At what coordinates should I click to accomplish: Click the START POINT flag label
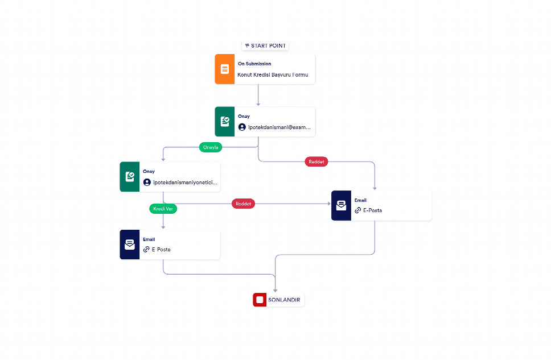click(265, 45)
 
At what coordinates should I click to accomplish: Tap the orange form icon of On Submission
click(224, 69)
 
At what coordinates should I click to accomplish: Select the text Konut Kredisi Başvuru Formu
click(273, 75)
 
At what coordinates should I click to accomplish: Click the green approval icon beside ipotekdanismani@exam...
click(224, 122)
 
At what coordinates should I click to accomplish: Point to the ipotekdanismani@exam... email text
click(279, 127)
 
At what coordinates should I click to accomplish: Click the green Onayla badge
click(211, 147)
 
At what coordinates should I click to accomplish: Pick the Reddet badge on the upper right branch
click(316, 162)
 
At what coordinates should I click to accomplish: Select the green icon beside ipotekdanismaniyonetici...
click(130, 177)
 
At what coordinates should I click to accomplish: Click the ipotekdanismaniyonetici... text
click(185, 183)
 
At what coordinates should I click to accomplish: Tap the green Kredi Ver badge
click(163, 209)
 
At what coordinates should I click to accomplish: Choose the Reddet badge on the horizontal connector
click(243, 204)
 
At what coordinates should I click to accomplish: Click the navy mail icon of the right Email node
click(341, 205)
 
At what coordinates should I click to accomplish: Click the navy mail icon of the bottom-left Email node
click(130, 245)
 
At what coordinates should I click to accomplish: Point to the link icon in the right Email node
click(357, 210)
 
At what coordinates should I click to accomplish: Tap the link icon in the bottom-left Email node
click(146, 249)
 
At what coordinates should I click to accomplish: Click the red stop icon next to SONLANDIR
click(260, 300)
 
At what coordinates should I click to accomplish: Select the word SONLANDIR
click(284, 300)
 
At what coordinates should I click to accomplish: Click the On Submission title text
click(254, 64)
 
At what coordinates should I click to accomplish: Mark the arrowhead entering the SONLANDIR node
click(275, 291)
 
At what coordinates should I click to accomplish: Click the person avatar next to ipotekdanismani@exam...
click(242, 127)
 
